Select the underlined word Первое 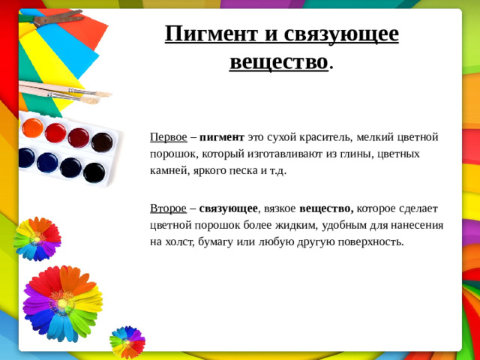168,137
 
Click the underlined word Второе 168,208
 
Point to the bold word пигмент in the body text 222,137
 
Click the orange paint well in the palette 32,127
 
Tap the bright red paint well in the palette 55,133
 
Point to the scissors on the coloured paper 49,16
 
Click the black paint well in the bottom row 94,172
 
